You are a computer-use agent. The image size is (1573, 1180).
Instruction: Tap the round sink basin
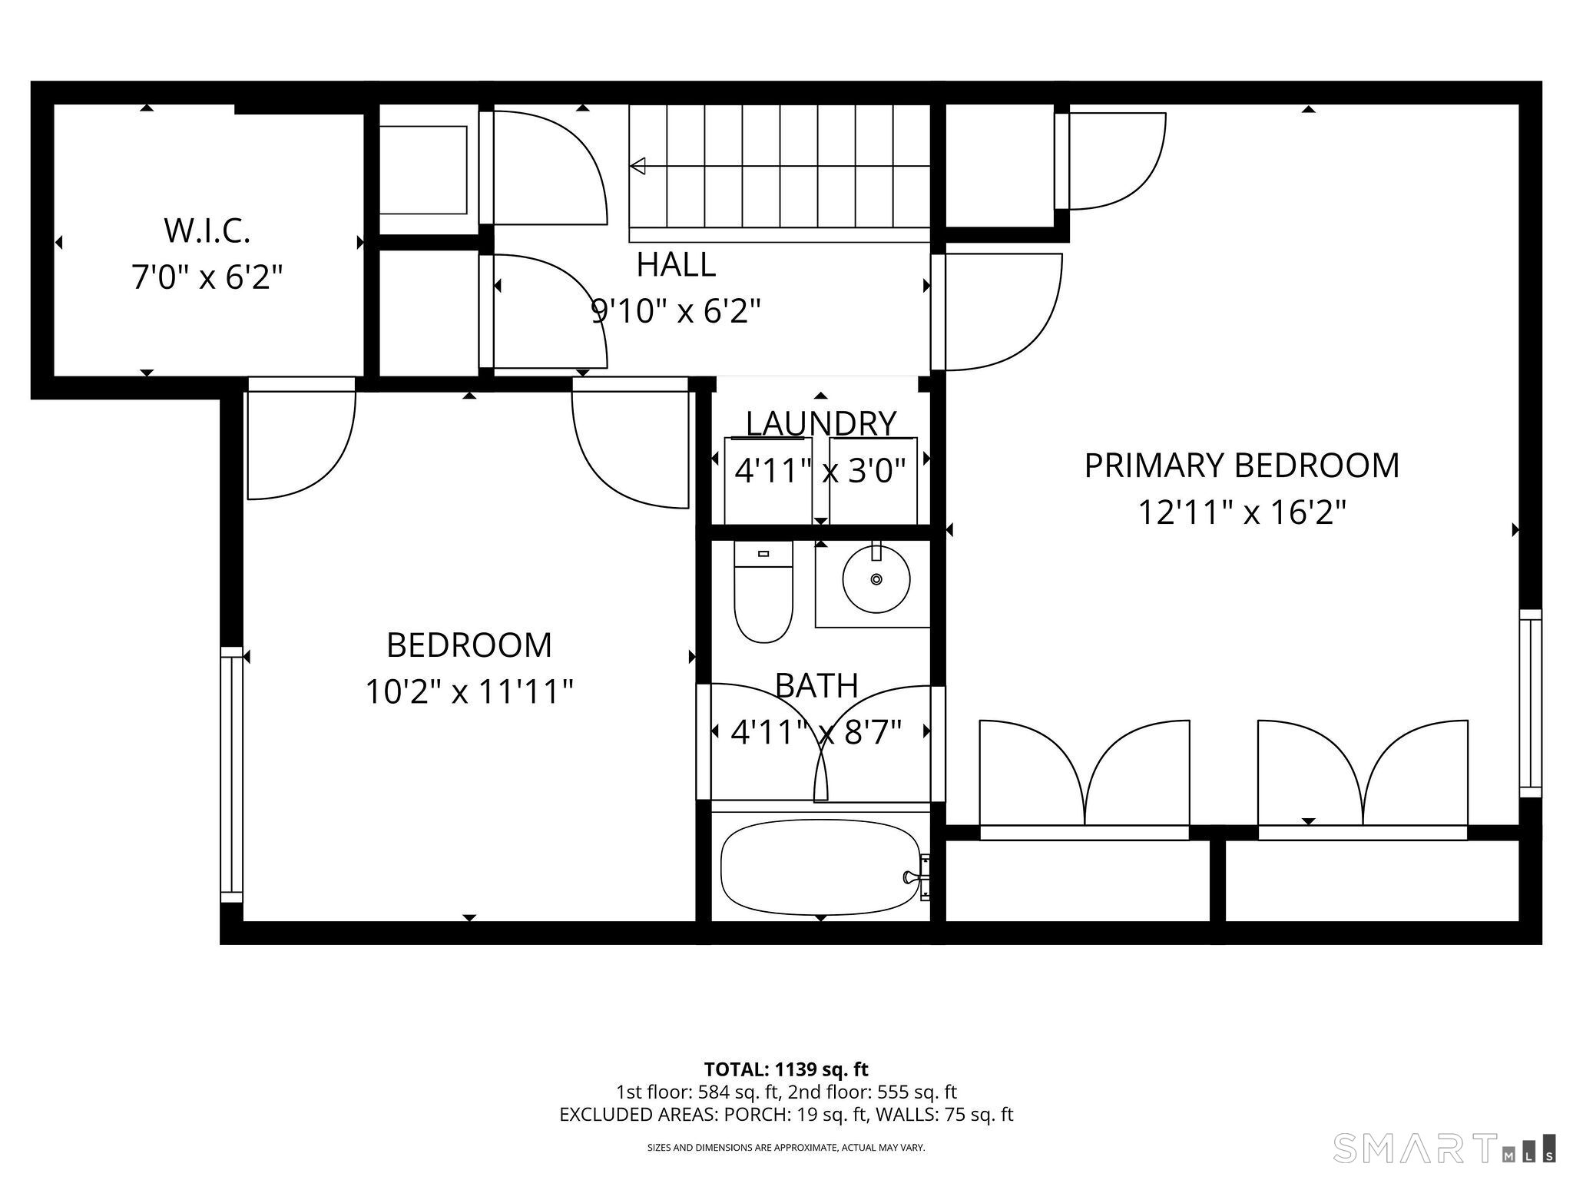(x=876, y=578)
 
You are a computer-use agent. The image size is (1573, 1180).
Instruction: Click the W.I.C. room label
(x=207, y=231)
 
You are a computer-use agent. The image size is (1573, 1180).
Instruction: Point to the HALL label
(x=676, y=265)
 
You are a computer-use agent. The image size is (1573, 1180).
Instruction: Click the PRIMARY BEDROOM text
(x=1241, y=466)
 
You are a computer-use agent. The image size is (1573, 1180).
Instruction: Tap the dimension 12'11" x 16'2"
(x=1241, y=512)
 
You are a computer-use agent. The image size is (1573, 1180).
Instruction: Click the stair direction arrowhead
(x=637, y=166)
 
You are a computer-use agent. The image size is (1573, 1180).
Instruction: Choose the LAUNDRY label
(x=820, y=424)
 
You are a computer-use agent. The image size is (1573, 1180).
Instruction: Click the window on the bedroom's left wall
(x=231, y=774)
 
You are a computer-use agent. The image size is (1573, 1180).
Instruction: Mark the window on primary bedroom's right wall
(x=1530, y=704)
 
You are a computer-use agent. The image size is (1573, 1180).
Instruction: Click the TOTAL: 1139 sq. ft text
(x=786, y=1069)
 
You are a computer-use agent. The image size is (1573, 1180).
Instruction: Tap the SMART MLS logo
(x=1444, y=1148)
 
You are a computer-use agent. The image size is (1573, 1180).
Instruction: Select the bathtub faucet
(x=914, y=877)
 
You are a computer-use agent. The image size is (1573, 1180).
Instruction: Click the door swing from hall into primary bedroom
(x=998, y=311)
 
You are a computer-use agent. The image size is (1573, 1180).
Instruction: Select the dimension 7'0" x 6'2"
(x=207, y=277)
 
